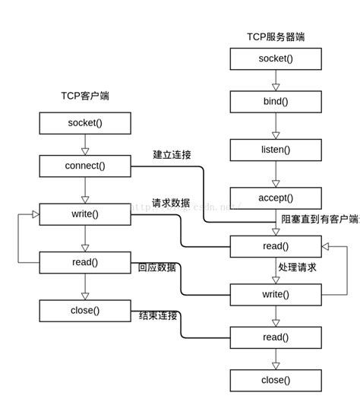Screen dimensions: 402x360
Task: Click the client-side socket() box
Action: tap(85, 123)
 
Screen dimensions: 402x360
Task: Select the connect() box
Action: tap(85, 166)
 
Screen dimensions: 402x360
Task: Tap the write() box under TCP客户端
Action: tap(85, 214)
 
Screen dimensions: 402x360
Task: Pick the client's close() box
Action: tap(85, 310)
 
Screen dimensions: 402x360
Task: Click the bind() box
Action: tap(276, 102)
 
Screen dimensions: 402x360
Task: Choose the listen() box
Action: tap(276, 150)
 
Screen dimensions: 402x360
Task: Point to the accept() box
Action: tap(276, 198)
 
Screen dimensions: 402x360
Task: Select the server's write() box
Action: tap(276, 294)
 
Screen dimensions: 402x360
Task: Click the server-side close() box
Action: tap(276, 380)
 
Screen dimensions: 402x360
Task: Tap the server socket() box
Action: tap(276, 59)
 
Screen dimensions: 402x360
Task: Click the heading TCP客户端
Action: tap(85, 96)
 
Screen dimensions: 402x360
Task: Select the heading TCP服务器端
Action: tap(276, 36)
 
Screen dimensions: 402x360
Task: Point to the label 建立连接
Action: tap(172, 155)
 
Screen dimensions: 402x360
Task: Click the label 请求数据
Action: tap(171, 203)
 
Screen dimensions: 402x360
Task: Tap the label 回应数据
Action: tap(157, 267)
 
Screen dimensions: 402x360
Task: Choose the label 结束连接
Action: tap(158, 315)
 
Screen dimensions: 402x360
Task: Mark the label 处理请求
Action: tap(298, 267)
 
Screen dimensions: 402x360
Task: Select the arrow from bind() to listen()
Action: tap(276, 125)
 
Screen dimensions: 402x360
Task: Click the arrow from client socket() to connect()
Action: tap(85, 144)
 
